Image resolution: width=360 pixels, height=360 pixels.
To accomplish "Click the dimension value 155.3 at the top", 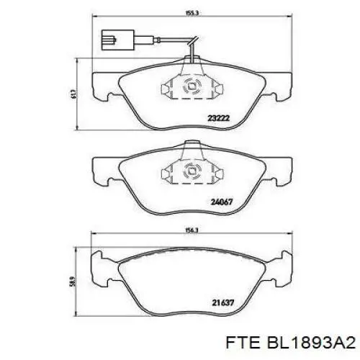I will [191, 12].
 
